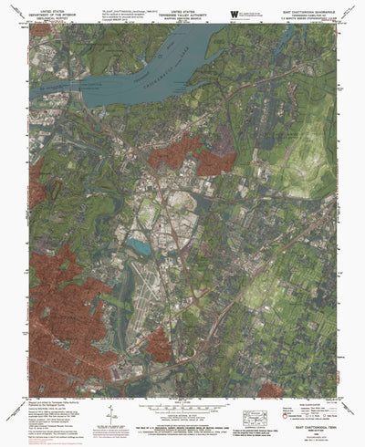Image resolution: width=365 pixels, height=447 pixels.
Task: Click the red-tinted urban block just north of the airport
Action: tap(192, 155)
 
